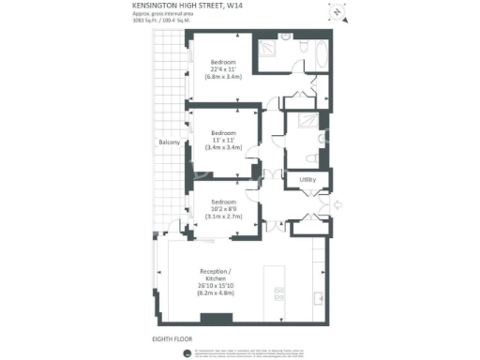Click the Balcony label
coord(169,142)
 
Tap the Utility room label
coord(307,180)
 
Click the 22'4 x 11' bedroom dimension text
coord(223,69)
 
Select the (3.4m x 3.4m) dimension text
coord(223,147)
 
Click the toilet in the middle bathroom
coord(303,157)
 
